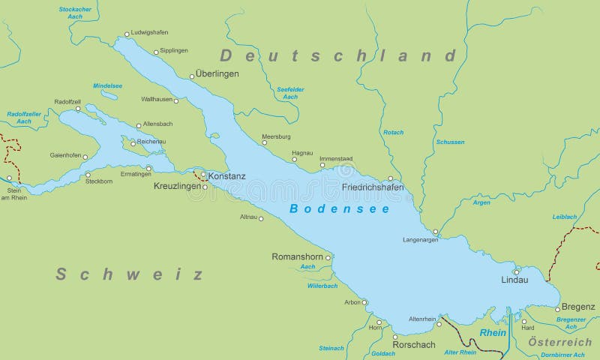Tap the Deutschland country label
[x=337, y=55]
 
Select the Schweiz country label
[x=130, y=274]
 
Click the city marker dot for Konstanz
[x=203, y=175]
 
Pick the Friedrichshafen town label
[x=372, y=187]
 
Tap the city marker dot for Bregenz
[x=557, y=308]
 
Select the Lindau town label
[x=514, y=280]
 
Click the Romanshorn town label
[x=296, y=256]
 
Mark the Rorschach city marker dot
[x=395, y=337]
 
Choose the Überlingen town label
[x=217, y=73]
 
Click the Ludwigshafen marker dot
[x=127, y=34]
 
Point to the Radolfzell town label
[x=67, y=101]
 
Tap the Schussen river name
[x=450, y=142]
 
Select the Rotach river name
[x=393, y=133]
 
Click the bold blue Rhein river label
[x=493, y=332]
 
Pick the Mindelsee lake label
[x=107, y=85]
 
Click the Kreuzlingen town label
[x=178, y=185]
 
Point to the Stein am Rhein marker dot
[x=10, y=178]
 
